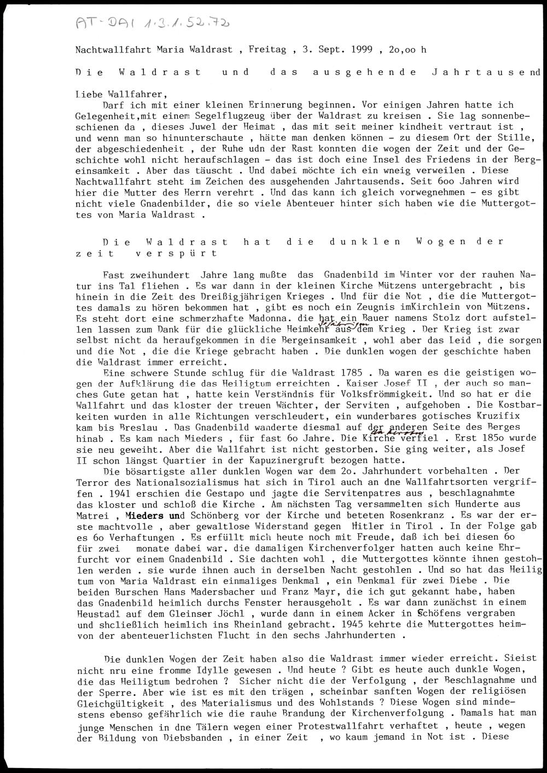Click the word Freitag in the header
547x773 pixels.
(267, 50)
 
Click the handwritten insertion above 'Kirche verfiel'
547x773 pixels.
(402, 432)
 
